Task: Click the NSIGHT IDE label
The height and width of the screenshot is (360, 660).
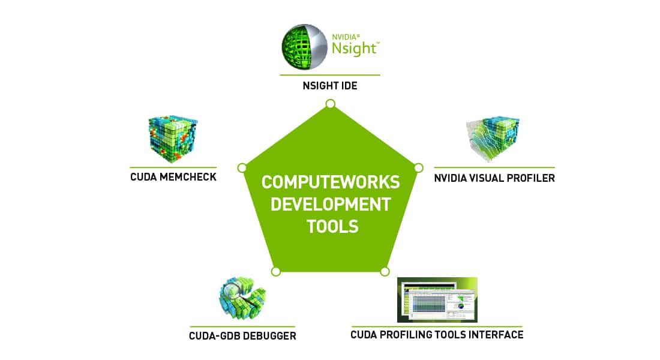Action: (x=329, y=86)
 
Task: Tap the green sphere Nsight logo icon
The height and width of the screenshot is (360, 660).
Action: (x=305, y=47)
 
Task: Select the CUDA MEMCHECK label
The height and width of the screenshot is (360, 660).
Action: (x=173, y=178)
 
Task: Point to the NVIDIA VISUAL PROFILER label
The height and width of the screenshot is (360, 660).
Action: (x=494, y=178)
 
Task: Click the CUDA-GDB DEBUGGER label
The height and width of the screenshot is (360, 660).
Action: (x=242, y=336)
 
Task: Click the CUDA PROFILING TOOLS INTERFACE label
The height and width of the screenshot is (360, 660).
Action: (x=437, y=335)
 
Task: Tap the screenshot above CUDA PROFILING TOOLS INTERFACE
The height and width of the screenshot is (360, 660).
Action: (x=437, y=299)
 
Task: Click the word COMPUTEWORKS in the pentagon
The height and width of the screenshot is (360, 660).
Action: (x=331, y=182)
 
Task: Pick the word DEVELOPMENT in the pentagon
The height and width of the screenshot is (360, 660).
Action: (x=331, y=204)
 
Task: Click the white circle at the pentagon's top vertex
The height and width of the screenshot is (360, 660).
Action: (x=330, y=104)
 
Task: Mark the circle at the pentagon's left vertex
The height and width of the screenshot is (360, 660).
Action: (x=242, y=167)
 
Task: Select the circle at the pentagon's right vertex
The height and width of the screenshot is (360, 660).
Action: (x=418, y=167)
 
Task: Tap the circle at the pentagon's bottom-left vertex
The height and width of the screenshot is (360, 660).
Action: (x=275, y=271)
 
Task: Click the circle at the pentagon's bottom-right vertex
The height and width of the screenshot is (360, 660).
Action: (x=385, y=271)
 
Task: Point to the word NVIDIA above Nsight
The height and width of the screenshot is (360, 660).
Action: (x=345, y=37)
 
